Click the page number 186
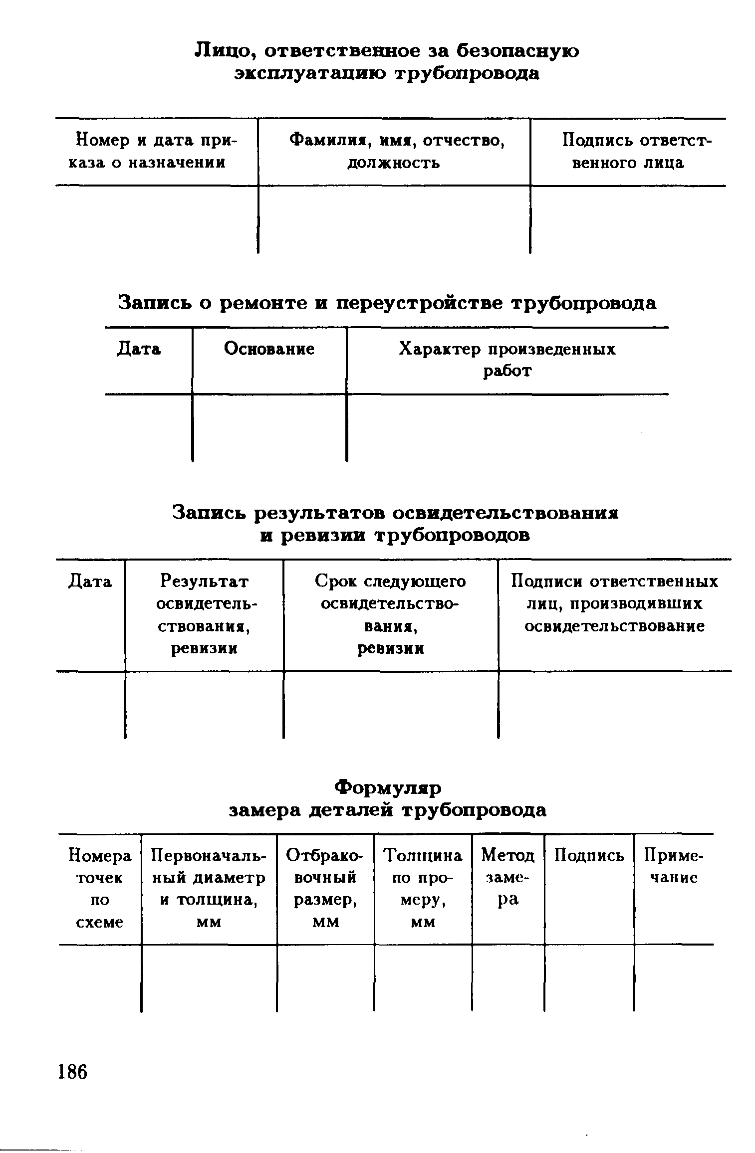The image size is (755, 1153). point(73,1072)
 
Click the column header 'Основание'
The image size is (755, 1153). point(269,349)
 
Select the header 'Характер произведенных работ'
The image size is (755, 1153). point(507,360)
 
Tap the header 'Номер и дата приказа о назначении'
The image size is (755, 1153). point(156,152)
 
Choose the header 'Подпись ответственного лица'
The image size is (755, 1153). point(628,152)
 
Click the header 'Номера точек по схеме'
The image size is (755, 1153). point(100,888)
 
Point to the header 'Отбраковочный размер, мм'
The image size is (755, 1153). point(325,888)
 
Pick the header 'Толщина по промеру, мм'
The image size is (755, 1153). point(423,888)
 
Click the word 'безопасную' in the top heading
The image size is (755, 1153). point(518,51)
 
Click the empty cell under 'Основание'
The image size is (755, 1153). point(269,427)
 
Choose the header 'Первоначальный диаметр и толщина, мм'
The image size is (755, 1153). point(209,888)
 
